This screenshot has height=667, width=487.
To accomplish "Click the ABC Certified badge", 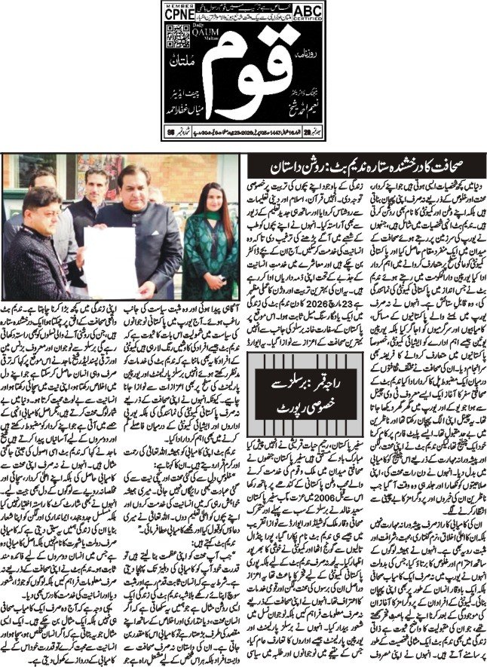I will (308, 11).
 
